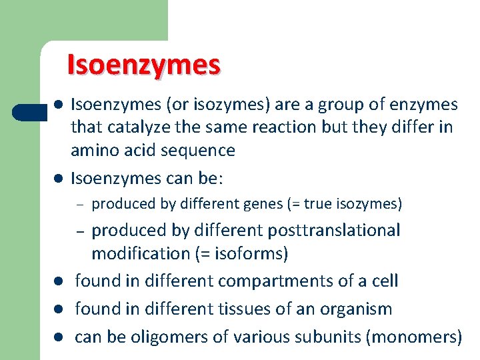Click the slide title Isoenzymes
click(143, 65)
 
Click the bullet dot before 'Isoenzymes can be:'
click(59, 179)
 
